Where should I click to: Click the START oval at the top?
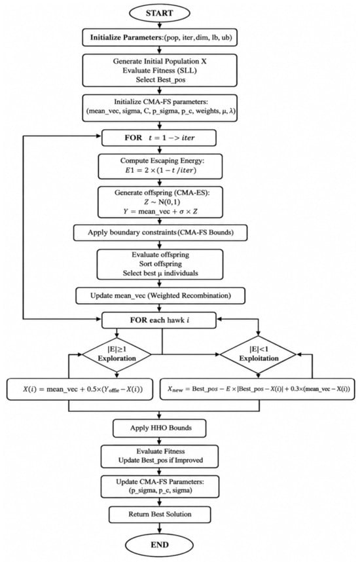pyautogui.click(x=160, y=13)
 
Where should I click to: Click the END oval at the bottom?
pyautogui.click(x=160, y=545)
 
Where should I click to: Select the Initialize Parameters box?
pyautogui.click(x=160, y=37)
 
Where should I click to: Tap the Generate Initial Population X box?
pyautogui.click(x=160, y=70)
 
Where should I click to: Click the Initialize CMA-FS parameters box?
pyautogui.click(x=160, y=107)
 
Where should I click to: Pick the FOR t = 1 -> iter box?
pyautogui.click(x=159, y=138)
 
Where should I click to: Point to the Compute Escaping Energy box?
pyautogui.click(x=160, y=166)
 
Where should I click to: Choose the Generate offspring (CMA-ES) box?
pyautogui.click(x=160, y=202)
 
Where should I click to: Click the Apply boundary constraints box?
pyautogui.click(x=160, y=233)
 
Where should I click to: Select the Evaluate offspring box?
pyautogui.click(x=160, y=264)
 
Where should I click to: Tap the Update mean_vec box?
pyautogui.click(x=160, y=296)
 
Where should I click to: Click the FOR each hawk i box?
pyautogui.click(x=159, y=320)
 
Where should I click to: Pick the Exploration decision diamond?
pyautogui.click(x=117, y=355)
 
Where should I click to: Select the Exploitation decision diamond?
pyautogui.click(x=259, y=355)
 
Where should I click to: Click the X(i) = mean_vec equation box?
pyautogui.click(x=83, y=389)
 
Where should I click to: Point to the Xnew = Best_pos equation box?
pyautogui.click(x=257, y=389)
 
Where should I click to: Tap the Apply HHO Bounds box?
pyautogui.click(x=160, y=428)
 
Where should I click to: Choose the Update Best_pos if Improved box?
pyautogui.click(x=160, y=456)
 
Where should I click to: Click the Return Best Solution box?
pyautogui.click(x=160, y=514)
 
